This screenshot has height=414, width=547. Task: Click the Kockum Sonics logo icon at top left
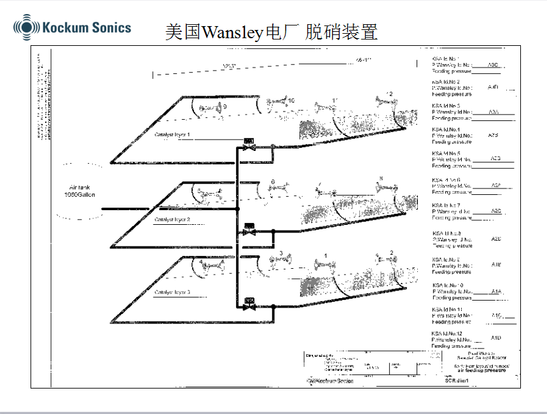coord(26,27)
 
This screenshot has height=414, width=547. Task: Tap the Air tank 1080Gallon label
coord(80,191)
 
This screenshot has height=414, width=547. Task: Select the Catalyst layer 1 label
coord(172,134)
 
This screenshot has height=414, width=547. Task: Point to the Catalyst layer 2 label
coord(172,219)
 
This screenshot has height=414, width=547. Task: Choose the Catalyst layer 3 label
coord(172,292)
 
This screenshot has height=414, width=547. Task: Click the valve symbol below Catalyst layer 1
coord(249,146)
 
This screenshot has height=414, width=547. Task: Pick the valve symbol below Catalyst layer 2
coord(249,231)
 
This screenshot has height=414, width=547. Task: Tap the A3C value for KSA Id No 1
coord(494,65)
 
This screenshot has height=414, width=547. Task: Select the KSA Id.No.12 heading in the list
coord(447,333)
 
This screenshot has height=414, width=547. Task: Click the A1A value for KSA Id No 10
coord(496,291)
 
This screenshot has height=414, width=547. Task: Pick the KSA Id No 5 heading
coord(446,153)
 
